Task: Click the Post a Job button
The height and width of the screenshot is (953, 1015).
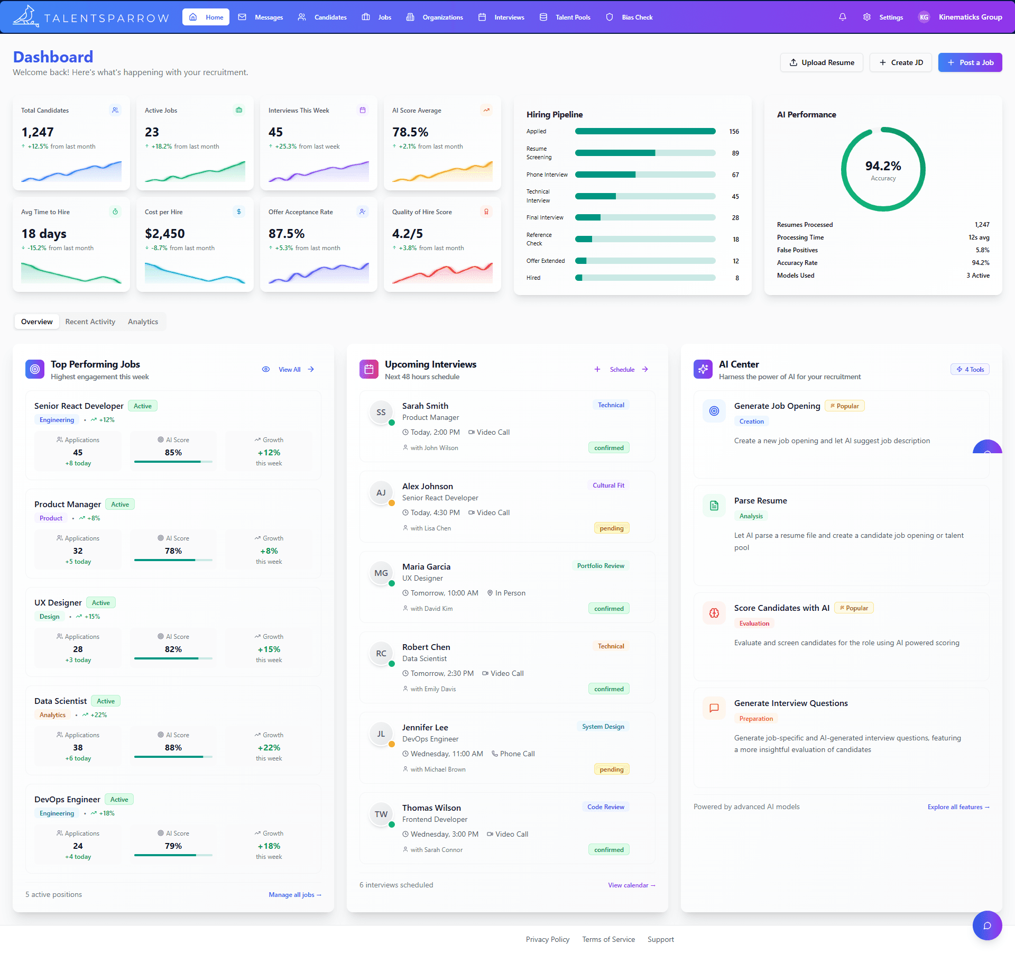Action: point(970,62)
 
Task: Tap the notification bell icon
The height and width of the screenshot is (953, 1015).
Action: point(842,17)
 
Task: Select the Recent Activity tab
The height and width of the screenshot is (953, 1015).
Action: point(90,322)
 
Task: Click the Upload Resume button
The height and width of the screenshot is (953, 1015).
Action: point(822,62)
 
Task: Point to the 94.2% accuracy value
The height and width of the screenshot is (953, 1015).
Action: point(883,166)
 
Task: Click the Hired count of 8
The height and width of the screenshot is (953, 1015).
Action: point(737,278)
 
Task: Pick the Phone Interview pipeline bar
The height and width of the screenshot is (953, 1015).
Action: point(645,175)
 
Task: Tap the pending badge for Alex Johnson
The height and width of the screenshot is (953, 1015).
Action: point(611,528)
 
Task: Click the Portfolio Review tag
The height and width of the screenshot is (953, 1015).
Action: point(600,566)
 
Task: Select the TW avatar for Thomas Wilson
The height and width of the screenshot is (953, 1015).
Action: point(381,814)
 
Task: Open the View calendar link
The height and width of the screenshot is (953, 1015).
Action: point(631,885)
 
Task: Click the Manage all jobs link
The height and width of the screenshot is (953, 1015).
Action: point(294,895)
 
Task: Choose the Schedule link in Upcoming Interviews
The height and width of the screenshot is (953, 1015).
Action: point(622,370)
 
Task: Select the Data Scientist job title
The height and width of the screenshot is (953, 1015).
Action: point(60,701)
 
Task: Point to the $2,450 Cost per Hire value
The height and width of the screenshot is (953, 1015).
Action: point(164,234)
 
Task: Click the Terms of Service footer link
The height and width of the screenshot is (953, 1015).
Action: point(608,939)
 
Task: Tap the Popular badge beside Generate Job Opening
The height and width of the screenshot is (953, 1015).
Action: point(844,406)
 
